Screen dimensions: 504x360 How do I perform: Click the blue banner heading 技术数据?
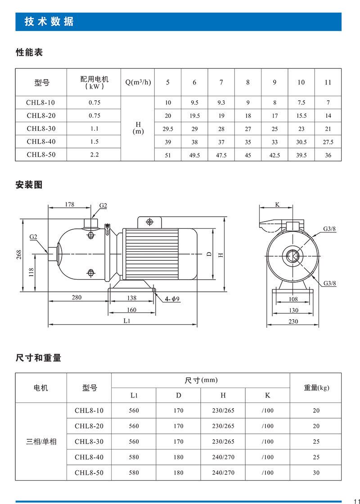[x=49, y=22]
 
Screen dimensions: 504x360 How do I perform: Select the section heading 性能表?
[x=29, y=53]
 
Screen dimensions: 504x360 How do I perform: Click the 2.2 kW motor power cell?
[x=94, y=154]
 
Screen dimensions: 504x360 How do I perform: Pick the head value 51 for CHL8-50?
[x=168, y=155]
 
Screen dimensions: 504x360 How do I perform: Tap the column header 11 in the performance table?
[x=328, y=82]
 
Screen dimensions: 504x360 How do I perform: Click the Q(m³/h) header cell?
[x=138, y=82]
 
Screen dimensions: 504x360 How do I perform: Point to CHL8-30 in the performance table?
[x=40, y=128]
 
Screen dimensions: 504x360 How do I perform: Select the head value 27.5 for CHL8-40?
[x=328, y=142]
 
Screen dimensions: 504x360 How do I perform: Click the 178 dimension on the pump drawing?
[x=69, y=204]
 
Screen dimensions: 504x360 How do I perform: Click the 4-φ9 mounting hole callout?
[x=172, y=299]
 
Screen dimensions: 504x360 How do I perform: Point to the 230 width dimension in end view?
[x=293, y=321]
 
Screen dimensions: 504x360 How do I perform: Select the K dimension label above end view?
[x=277, y=204]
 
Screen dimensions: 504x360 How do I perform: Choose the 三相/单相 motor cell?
[x=41, y=442]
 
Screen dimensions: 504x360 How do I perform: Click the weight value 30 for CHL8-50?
[x=316, y=473]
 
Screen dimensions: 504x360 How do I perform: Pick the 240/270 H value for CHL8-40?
[x=223, y=457]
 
